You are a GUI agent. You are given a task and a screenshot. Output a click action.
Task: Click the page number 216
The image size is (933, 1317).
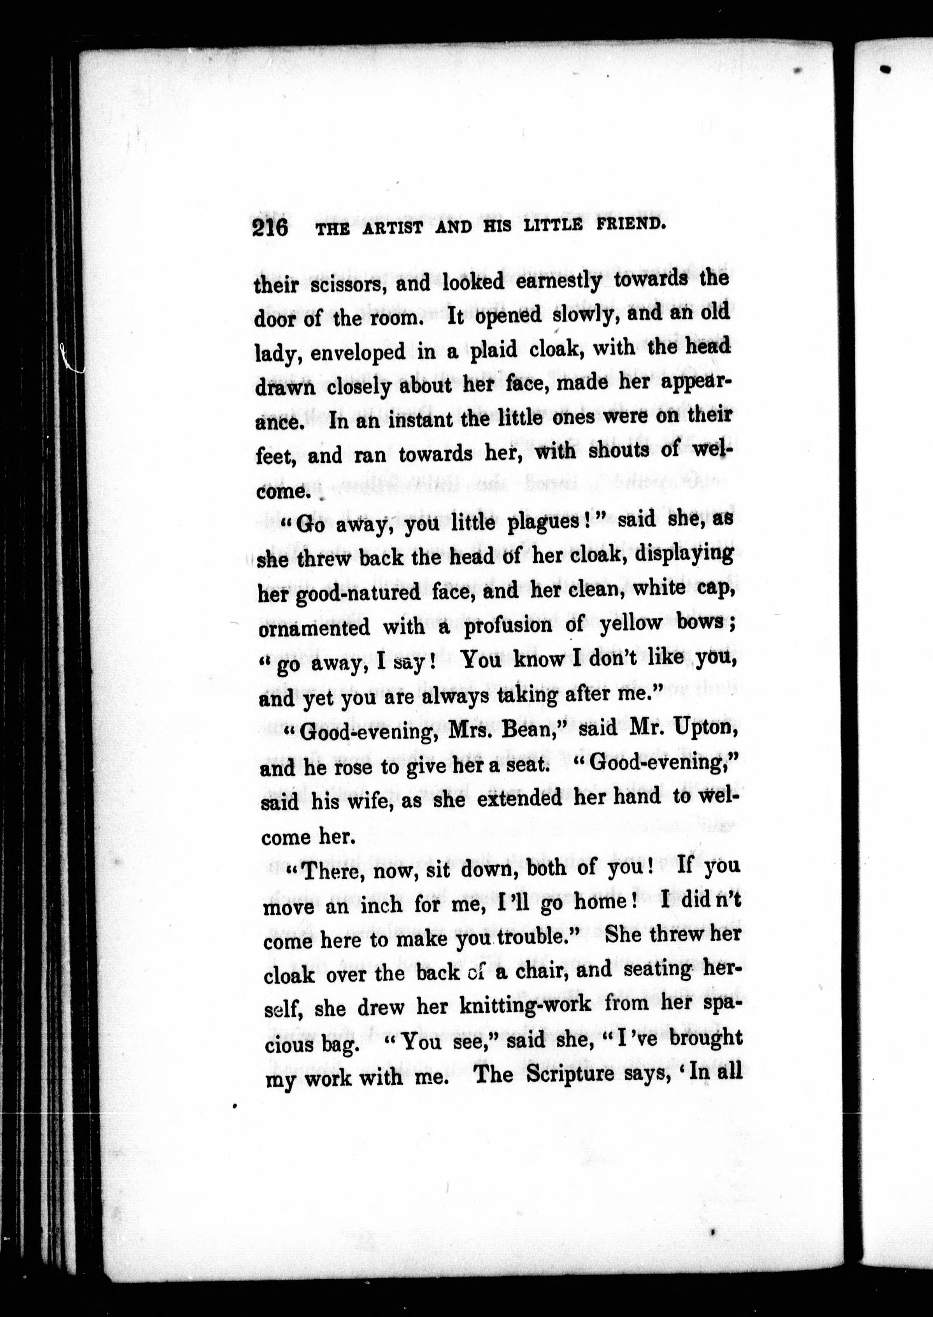[270, 228]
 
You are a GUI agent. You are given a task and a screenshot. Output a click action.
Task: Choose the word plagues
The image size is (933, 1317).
[545, 522]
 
